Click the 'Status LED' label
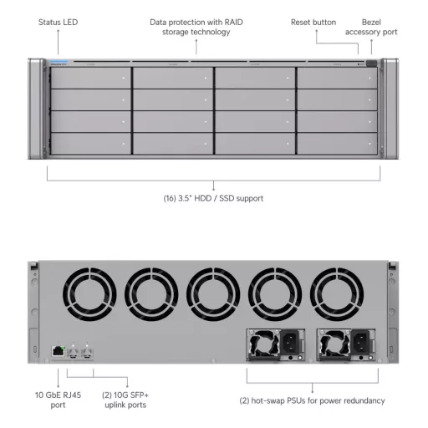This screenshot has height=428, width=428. pos(58,23)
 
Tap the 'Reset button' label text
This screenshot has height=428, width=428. pos(313,23)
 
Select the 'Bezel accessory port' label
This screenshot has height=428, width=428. pos(371,27)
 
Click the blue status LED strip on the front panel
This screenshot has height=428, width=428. pos(59,62)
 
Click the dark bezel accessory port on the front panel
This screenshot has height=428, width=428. pos(371,64)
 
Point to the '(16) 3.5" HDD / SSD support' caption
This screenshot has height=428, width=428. pos(213,198)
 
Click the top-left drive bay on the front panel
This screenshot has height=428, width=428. pos(90,79)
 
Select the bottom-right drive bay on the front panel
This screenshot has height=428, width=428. pos(337,144)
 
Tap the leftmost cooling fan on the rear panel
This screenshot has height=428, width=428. pos(89,294)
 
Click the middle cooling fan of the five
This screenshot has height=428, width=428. pos(213,294)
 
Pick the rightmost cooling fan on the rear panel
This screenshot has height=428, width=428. pos(337,294)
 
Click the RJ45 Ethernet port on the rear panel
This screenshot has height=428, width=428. pos(59,351)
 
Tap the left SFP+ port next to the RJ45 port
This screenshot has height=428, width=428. pos(73,352)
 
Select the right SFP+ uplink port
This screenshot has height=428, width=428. pos(87,352)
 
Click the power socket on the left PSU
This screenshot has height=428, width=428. pos(290,342)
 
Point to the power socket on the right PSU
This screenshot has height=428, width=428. pos(361,342)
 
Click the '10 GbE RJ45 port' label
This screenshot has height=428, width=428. pos(58,400)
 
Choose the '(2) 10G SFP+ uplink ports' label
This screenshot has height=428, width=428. pos(125,400)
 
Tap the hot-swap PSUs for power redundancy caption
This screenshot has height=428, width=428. pos(312,400)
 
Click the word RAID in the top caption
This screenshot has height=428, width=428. pos(234,23)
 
